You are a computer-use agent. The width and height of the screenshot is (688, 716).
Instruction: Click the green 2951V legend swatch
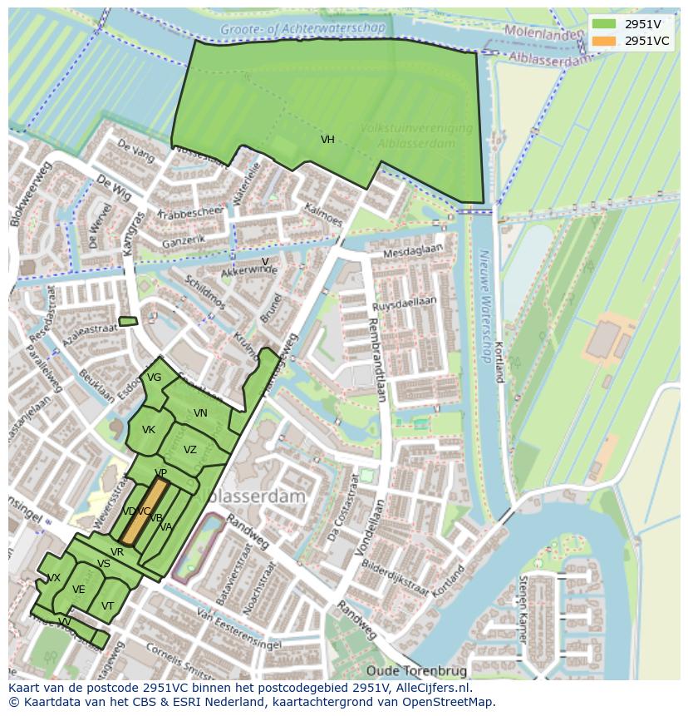(x=604, y=24)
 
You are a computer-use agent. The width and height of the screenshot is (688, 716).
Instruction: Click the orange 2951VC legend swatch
(x=604, y=41)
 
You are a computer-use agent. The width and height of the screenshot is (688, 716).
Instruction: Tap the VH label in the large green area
(x=327, y=140)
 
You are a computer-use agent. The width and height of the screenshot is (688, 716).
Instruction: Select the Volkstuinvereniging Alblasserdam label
(x=416, y=136)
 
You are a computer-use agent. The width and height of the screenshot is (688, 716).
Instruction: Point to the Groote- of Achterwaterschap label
(x=303, y=29)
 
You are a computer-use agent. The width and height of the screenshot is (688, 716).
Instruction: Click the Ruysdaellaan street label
(x=405, y=304)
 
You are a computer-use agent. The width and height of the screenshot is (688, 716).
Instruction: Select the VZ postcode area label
(x=190, y=450)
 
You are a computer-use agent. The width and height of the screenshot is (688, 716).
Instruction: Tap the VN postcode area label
(x=200, y=413)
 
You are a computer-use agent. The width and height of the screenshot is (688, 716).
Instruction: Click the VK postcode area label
(x=149, y=430)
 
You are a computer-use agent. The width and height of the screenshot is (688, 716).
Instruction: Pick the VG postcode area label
(x=154, y=378)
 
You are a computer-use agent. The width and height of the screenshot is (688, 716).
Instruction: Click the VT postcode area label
(x=107, y=606)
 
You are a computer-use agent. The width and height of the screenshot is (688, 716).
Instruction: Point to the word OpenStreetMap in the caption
(x=448, y=702)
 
